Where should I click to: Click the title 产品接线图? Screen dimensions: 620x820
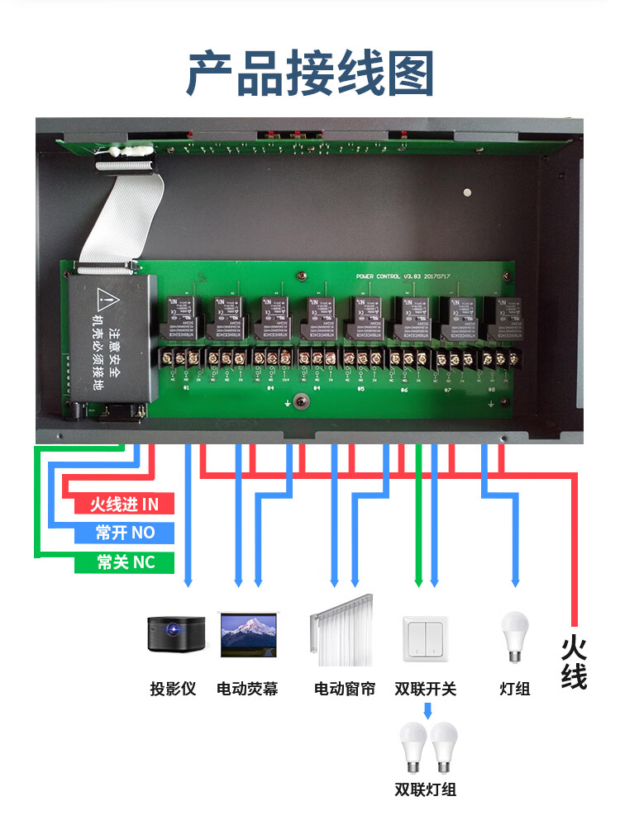310,73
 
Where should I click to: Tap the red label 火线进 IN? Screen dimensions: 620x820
125,504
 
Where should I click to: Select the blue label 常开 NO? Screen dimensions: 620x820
125,533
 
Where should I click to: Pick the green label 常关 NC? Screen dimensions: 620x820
125,562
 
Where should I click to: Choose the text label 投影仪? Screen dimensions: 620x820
173,688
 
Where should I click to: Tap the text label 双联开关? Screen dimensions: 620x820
425,688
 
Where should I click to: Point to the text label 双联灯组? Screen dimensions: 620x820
426,789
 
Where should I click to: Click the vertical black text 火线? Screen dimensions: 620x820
574,661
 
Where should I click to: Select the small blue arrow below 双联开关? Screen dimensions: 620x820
427,710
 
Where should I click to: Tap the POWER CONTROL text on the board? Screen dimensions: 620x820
378,276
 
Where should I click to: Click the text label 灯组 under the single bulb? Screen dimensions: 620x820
515,688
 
